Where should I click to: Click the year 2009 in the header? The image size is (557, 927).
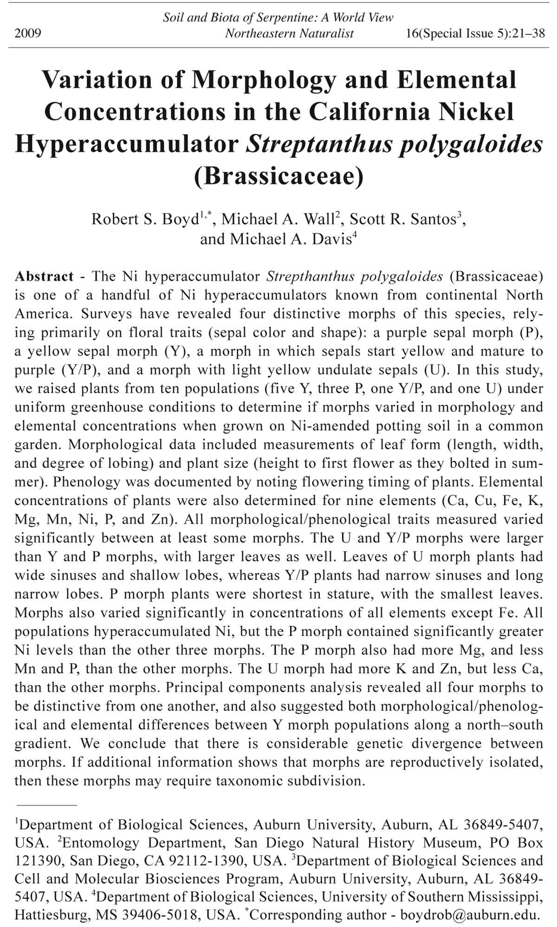coord(28,33)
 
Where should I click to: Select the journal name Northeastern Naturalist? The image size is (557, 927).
coord(289,33)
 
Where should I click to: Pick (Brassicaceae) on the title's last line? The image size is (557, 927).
coord(278,176)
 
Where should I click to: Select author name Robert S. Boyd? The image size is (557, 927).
coord(145,219)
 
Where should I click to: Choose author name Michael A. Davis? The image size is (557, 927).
coord(291,239)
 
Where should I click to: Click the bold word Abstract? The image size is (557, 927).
coord(44,276)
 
